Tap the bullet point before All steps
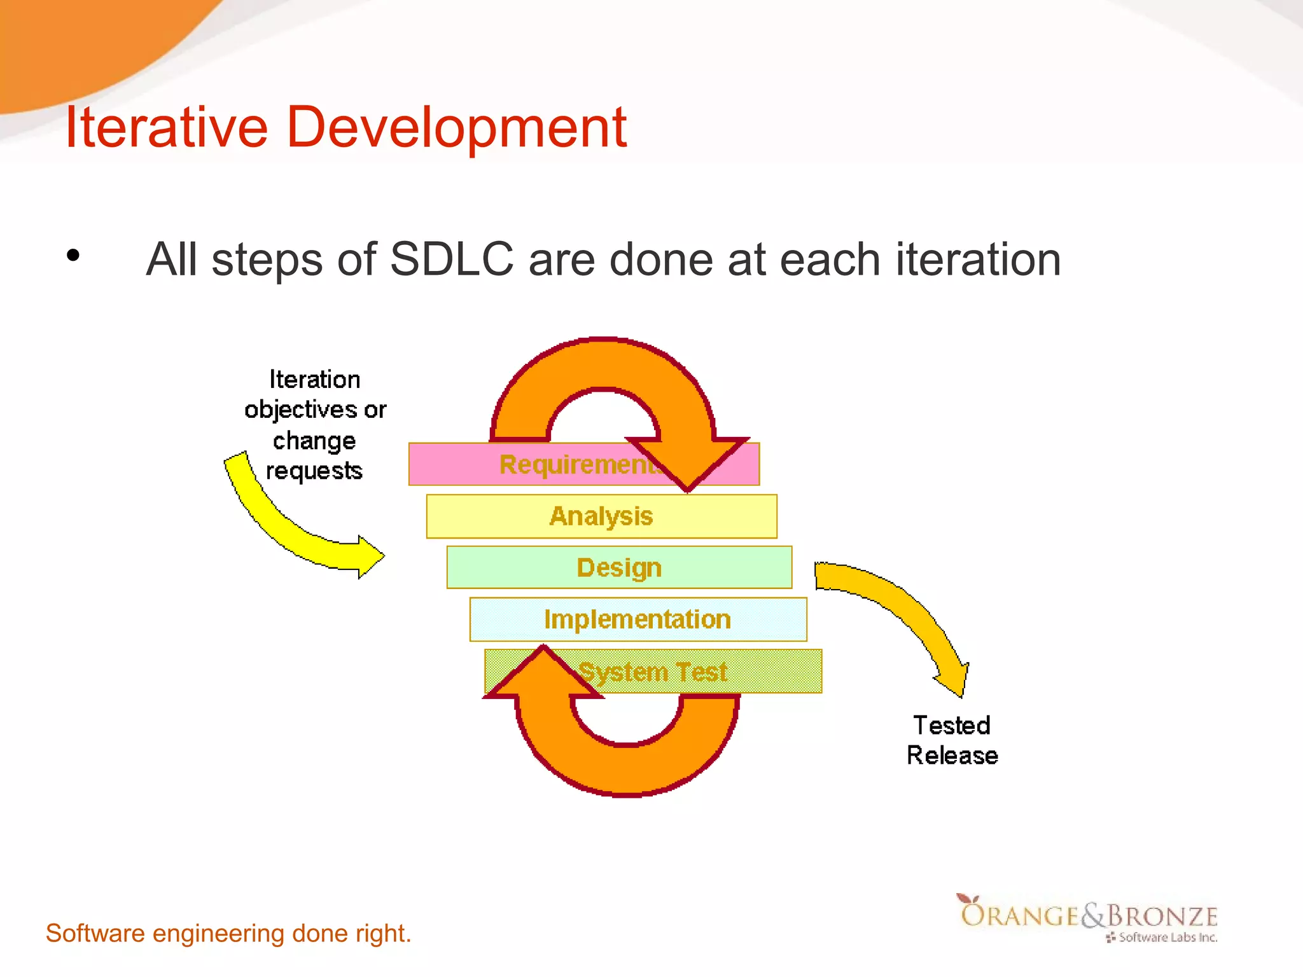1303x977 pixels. coord(74,256)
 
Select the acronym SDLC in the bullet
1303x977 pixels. coord(451,259)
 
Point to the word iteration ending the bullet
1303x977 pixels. coord(978,259)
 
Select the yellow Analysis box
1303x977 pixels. coord(601,516)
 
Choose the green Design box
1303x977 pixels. coord(618,567)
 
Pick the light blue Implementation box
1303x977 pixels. coord(638,619)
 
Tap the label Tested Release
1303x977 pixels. coord(952,740)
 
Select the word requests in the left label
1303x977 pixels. coord(314,471)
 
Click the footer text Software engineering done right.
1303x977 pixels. coord(228,933)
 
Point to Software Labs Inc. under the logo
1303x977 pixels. coord(1167,937)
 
